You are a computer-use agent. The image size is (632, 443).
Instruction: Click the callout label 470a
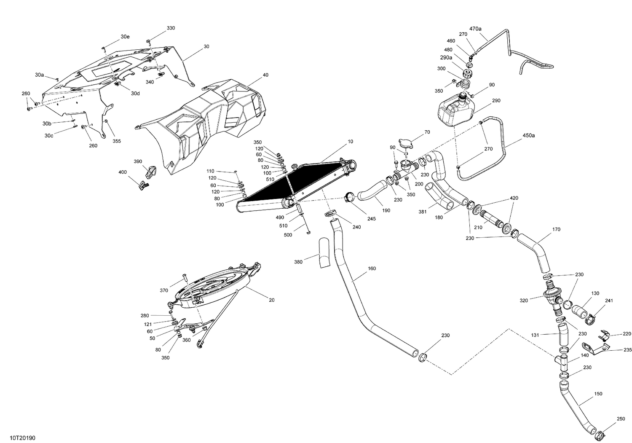tap(475, 29)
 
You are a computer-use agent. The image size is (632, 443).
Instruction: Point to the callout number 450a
tap(529, 136)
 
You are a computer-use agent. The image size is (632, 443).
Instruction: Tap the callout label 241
tap(609, 301)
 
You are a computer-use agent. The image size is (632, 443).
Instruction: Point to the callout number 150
tap(598, 394)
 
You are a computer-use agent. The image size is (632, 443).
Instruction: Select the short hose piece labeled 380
tap(324, 253)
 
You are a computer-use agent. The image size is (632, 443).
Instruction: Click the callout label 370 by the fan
tap(164, 290)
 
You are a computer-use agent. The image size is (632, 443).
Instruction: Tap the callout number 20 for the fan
tap(272, 300)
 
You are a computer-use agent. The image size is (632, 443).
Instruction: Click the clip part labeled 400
tap(144, 184)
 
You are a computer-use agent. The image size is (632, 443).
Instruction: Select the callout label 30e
tap(125, 37)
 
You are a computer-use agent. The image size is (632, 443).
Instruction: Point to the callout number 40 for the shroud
tap(265, 75)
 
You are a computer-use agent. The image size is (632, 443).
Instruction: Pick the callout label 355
tap(117, 141)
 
